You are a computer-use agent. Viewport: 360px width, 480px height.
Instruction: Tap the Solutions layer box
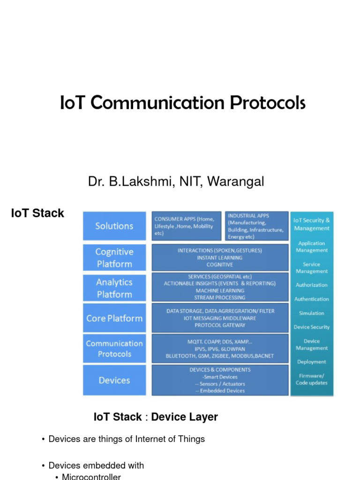tap(114, 226)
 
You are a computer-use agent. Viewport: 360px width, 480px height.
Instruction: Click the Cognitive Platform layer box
tap(114, 257)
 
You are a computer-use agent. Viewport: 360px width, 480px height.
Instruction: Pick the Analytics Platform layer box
tap(114, 288)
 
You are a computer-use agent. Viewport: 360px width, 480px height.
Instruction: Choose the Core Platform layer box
tap(114, 318)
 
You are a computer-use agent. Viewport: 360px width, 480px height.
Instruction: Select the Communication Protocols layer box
tap(114, 348)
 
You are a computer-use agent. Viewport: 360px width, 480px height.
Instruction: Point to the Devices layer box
tap(114, 380)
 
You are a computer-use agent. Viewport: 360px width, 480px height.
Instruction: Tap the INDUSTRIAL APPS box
tap(256, 226)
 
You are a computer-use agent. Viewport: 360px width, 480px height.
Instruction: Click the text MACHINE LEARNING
tap(220, 291)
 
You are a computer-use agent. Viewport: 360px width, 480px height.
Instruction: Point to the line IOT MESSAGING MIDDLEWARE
tap(220, 318)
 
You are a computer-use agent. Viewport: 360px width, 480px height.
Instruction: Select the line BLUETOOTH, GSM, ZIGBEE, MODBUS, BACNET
tap(220, 356)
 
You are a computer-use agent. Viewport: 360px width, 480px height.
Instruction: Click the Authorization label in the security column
tap(312, 285)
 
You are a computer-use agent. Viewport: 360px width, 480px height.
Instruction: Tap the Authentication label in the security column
tap(312, 299)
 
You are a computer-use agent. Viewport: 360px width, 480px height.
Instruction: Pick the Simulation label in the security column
tap(312, 313)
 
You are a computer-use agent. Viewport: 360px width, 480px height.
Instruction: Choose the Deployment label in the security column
tap(312, 362)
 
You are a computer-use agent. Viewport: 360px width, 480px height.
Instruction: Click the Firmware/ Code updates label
tap(312, 379)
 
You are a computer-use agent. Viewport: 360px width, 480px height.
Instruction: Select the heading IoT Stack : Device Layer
tap(156, 417)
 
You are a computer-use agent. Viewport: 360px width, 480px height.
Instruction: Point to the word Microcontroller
tap(91, 477)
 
